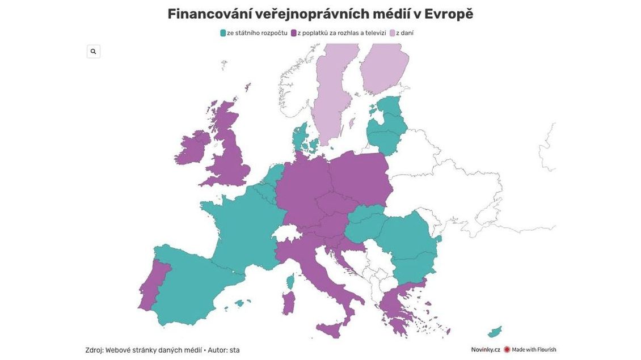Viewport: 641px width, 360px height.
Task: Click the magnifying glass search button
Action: click(93, 52)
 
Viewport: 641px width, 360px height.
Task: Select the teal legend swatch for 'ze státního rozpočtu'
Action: click(223, 33)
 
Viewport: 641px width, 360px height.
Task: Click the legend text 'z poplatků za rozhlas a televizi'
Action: click(341, 33)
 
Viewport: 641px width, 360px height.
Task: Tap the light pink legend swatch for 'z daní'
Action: click(392, 33)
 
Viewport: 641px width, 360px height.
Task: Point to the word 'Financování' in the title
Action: click(209, 14)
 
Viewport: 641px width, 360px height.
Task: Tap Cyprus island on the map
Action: click(495, 332)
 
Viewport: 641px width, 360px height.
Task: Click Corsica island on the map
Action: click(290, 281)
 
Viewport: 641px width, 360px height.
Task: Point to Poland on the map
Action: click(360, 176)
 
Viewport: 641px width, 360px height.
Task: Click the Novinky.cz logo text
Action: click(486, 350)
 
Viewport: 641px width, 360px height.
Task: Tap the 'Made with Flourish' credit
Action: click(533, 350)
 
